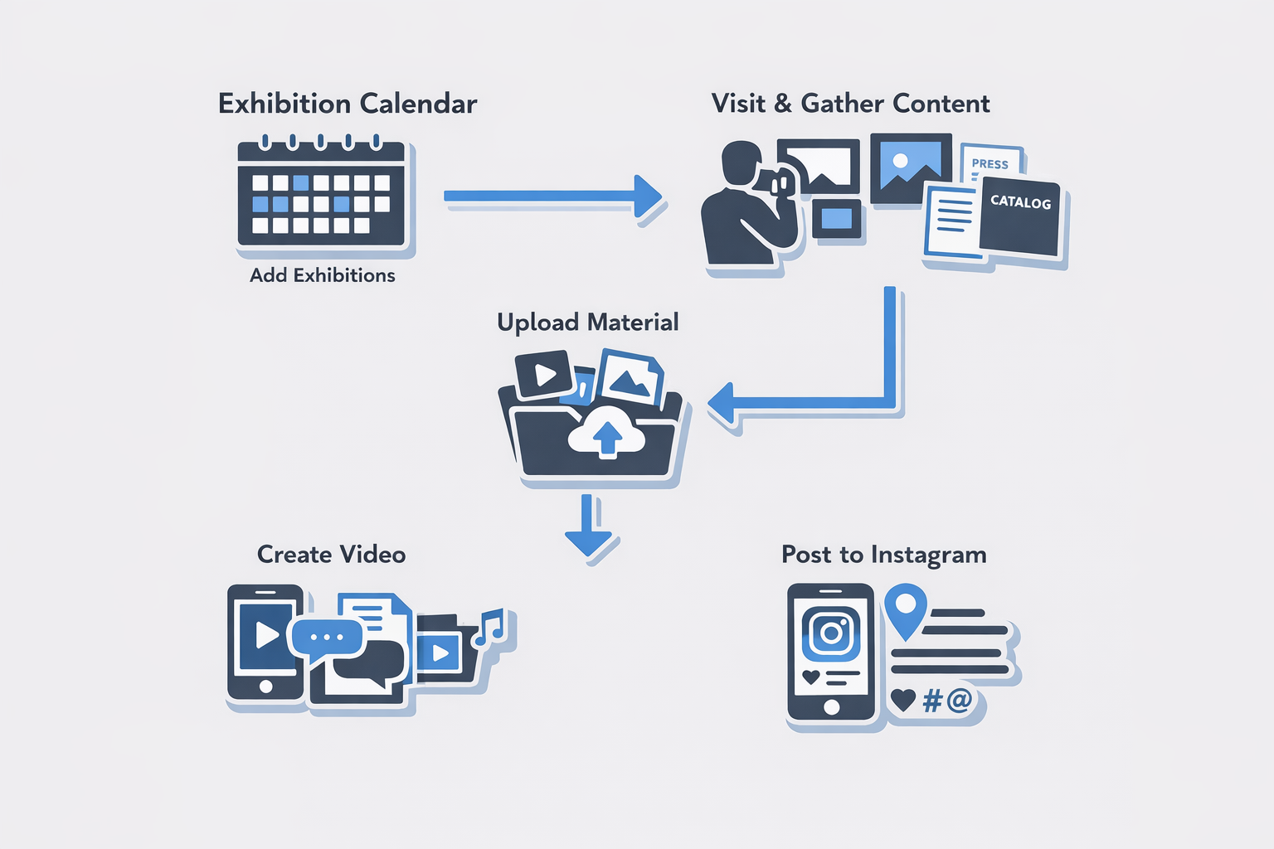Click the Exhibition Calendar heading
coord(348,104)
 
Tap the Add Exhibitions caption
coord(323,275)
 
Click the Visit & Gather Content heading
coord(850,104)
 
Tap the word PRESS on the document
coord(990,164)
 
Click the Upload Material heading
coord(587,322)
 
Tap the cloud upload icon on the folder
coord(607,432)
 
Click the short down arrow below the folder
coord(588,527)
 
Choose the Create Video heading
coord(331,555)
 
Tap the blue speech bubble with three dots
coord(326,637)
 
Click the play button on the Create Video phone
coord(266,635)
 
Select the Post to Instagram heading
coord(883,555)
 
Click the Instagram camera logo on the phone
coord(831,633)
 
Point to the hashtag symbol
coord(932,701)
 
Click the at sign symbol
coord(959,701)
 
